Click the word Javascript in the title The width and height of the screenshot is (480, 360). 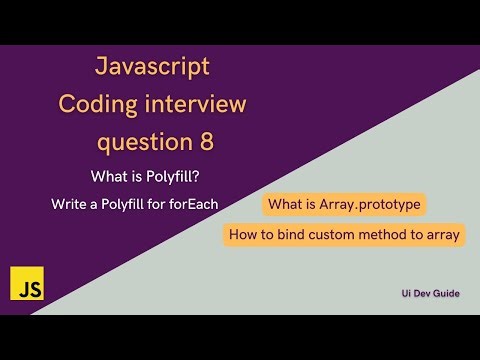152,67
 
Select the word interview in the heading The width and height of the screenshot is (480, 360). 197,104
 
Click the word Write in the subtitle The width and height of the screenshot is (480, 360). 69,204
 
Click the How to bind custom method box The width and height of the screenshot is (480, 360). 344,236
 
